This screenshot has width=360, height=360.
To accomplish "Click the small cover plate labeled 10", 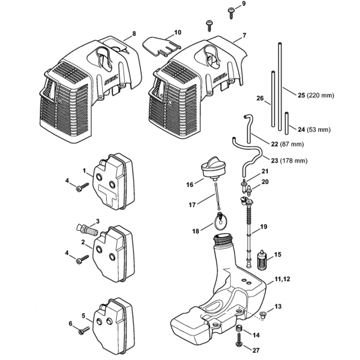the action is [x=161, y=46].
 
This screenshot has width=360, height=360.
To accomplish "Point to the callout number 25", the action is [x=301, y=95].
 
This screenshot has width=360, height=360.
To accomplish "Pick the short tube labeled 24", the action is [x=287, y=123].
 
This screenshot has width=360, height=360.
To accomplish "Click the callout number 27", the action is [x=256, y=350].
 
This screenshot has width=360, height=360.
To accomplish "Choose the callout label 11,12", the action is [x=282, y=279].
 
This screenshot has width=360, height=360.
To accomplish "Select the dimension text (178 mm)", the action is [x=294, y=161].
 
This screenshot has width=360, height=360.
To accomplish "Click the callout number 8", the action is [x=134, y=33].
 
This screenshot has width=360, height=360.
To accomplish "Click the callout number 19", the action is [x=264, y=226].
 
